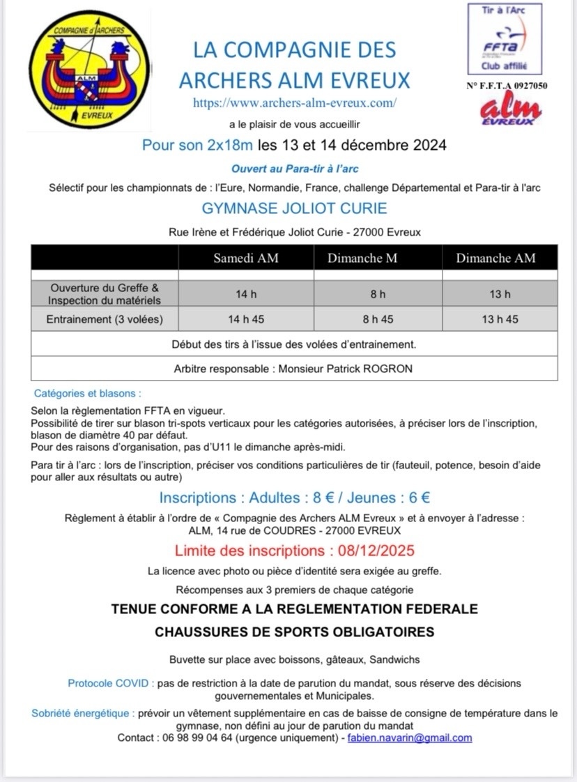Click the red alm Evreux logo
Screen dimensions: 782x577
(x=511, y=109)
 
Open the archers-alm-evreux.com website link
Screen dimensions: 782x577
(x=295, y=102)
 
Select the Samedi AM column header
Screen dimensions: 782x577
(x=245, y=258)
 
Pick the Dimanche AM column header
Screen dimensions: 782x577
(x=495, y=258)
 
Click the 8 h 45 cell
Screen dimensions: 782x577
(x=378, y=319)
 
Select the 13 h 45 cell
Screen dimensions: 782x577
(x=500, y=319)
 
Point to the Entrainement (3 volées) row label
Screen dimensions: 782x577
(x=104, y=319)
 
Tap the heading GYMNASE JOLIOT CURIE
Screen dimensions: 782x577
(x=294, y=208)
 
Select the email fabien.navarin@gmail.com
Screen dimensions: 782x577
(x=410, y=737)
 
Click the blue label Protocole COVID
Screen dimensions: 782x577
(x=109, y=683)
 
